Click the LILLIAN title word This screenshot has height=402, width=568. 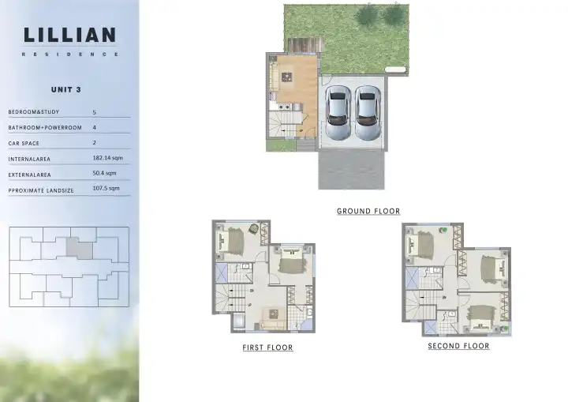pyautogui.click(x=69, y=35)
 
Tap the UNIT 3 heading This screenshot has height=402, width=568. pyautogui.click(x=66, y=89)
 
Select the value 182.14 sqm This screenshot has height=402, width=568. pyautogui.click(x=107, y=158)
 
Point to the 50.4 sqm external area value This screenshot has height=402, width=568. pyautogui.click(x=104, y=173)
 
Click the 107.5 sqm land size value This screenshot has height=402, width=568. pyautogui.click(x=106, y=188)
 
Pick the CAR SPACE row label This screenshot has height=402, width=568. pyautogui.click(x=24, y=143)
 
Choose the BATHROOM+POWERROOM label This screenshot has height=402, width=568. pyautogui.click(x=45, y=128)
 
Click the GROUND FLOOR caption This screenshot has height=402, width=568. pyautogui.click(x=368, y=211)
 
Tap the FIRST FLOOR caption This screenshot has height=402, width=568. pyautogui.click(x=267, y=348)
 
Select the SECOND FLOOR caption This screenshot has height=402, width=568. pyautogui.click(x=458, y=346)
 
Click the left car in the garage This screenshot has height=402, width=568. pyautogui.click(x=338, y=112)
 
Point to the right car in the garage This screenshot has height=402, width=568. pyautogui.click(x=368, y=112)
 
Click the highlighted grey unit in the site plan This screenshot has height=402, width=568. pyautogui.click(x=80, y=249)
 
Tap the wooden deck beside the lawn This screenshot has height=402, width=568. pyautogui.click(x=305, y=45)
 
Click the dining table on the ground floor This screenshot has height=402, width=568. pyautogui.click(x=287, y=77)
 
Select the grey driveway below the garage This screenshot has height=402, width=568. pyautogui.click(x=351, y=170)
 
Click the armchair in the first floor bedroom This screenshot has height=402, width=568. pyautogui.click(x=254, y=228)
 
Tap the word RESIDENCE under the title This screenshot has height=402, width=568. pyautogui.click(x=70, y=54)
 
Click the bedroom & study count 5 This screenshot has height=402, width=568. pyautogui.click(x=94, y=112)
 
